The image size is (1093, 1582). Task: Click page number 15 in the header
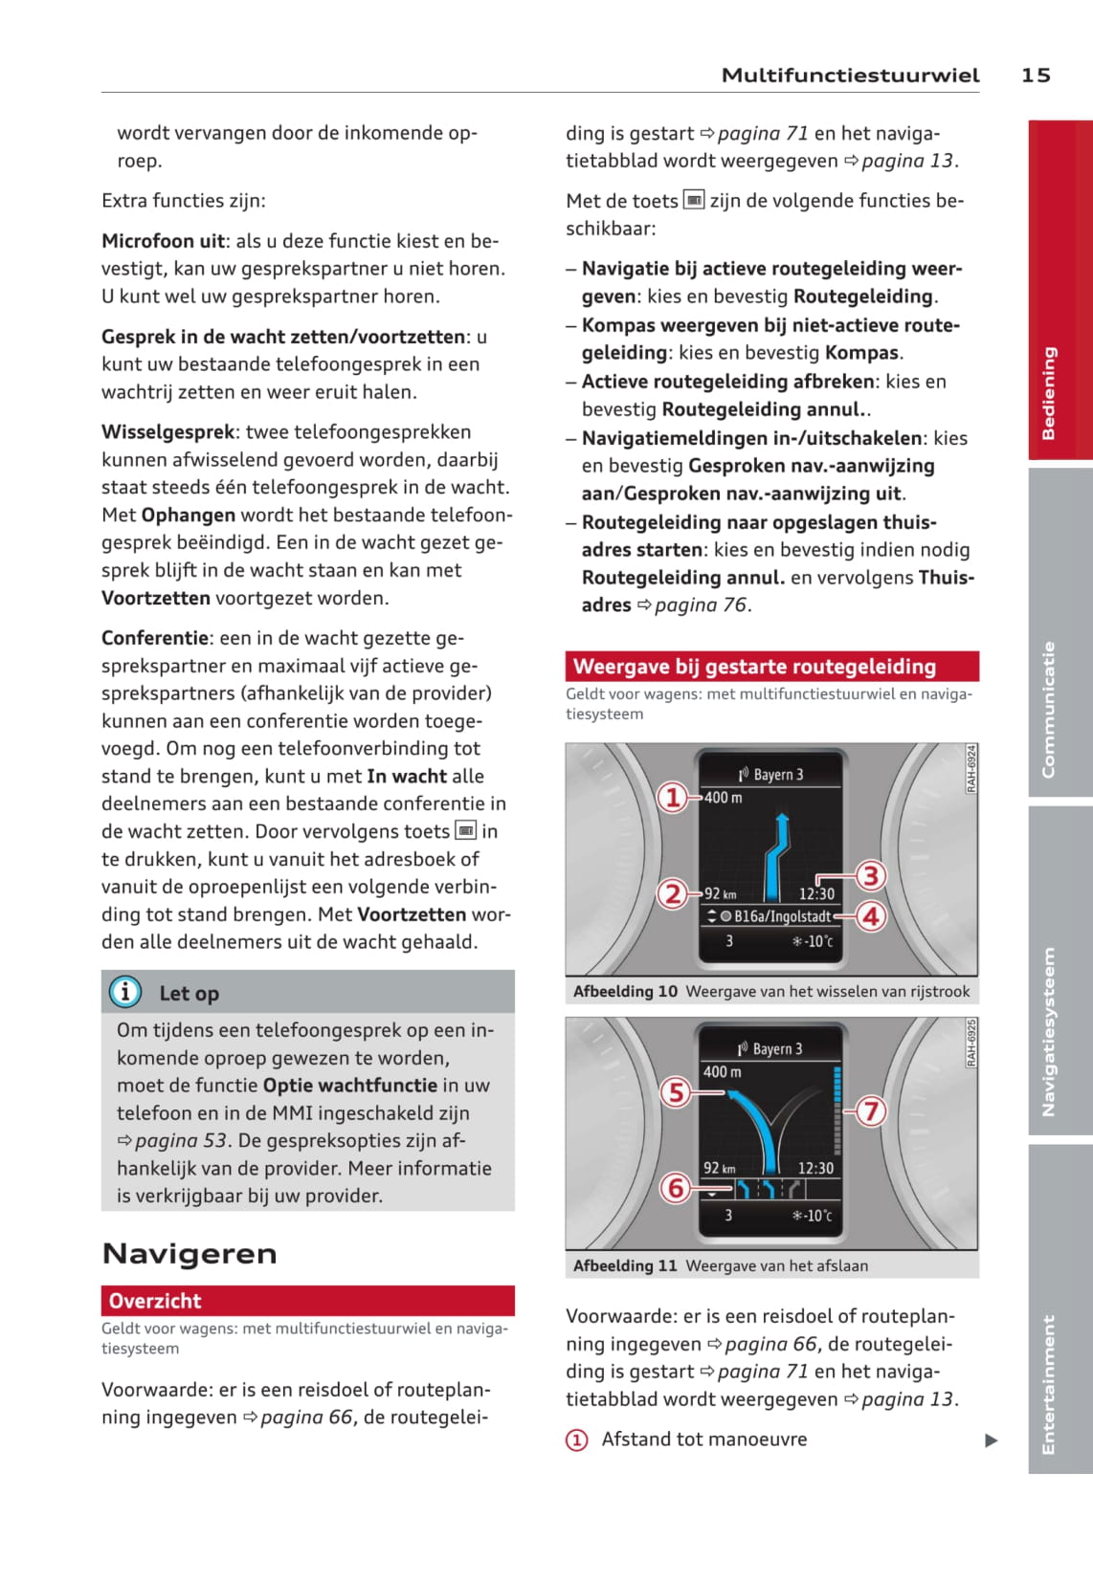click(x=1035, y=76)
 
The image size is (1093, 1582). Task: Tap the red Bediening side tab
click(x=1060, y=292)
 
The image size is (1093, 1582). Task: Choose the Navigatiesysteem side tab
click(x=1060, y=971)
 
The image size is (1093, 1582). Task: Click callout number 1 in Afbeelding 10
click(x=673, y=797)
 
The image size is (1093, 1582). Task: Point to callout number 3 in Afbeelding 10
click(x=870, y=875)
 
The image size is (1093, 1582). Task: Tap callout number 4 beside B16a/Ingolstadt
click(x=870, y=916)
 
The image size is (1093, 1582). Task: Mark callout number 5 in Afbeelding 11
click(x=676, y=1092)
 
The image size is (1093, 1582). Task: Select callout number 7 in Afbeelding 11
click(x=870, y=1111)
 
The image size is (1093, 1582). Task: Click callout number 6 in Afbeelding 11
click(x=675, y=1188)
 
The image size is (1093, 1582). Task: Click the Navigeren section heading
click(x=190, y=1254)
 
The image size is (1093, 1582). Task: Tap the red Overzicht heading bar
click(x=307, y=1301)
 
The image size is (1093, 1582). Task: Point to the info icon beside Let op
click(x=125, y=992)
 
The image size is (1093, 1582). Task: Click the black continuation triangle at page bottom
click(x=992, y=1440)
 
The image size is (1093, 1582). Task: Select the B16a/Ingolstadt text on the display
click(x=782, y=916)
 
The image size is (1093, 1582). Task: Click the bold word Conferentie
click(x=155, y=638)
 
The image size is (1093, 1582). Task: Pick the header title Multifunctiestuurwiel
click(x=850, y=76)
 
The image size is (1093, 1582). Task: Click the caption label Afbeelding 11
click(x=625, y=1265)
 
